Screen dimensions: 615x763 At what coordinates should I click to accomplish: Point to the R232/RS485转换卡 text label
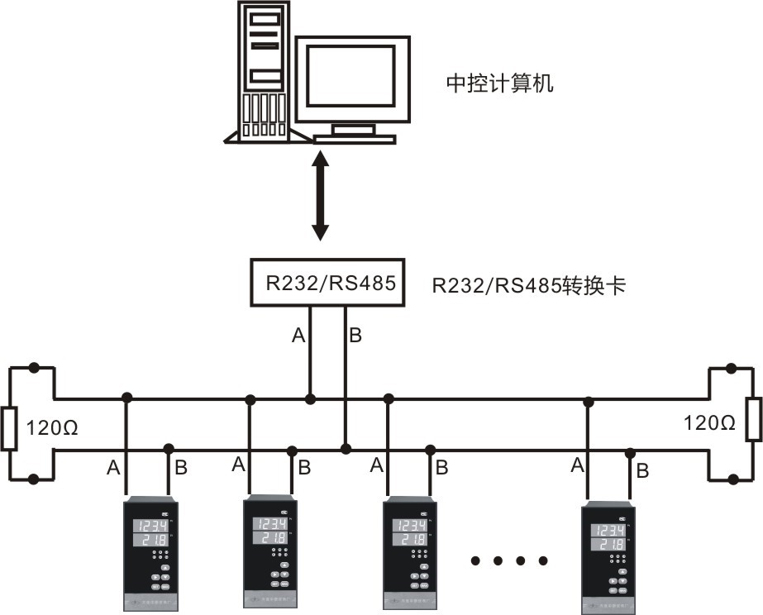click(x=530, y=286)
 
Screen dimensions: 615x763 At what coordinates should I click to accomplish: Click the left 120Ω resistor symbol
click(x=9, y=428)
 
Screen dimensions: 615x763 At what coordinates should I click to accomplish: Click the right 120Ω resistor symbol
click(x=753, y=419)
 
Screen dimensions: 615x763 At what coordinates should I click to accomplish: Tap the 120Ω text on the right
click(x=709, y=422)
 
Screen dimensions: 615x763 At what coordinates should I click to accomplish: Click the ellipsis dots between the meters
click(x=509, y=561)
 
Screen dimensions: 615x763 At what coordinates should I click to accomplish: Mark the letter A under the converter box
click(x=298, y=336)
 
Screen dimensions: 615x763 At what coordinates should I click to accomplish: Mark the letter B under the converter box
click(x=355, y=336)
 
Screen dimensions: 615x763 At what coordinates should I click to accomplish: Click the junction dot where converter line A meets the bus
click(x=310, y=399)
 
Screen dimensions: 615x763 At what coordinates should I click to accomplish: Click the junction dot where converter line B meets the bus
click(x=346, y=449)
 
